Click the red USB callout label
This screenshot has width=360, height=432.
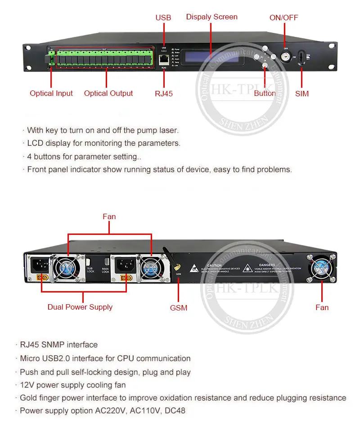pos(163,18)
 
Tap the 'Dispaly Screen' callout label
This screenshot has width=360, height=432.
pos(211,17)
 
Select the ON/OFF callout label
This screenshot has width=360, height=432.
pos(283,18)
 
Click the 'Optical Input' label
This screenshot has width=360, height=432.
pos(51,93)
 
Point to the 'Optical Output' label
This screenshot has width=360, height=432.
pos(108,93)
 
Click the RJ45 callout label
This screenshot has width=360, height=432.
pos(164,94)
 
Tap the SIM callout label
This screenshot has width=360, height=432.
pos(302,94)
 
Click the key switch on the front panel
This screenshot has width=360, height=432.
pos(284,58)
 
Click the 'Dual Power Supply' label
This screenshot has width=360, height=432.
pos(80,307)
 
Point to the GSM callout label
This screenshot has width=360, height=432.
pos(178,308)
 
